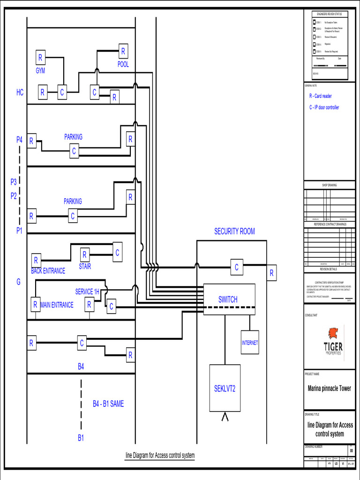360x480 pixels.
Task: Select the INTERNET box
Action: pyautogui.click(x=250, y=343)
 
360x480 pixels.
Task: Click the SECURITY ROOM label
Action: pyautogui.click(x=234, y=231)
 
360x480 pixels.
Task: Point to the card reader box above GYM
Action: pyautogui.click(x=40, y=58)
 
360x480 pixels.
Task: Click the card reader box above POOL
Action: pyautogui.click(x=123, y=51)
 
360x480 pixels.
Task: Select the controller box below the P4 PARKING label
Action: pyautogui.click(x=74, y=151)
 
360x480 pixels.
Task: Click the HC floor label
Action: pyautogui.click(x=20, y=93)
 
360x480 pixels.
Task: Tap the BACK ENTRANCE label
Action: pyautogui.click(x=48, y=271)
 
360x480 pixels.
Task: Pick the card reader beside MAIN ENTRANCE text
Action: pyautogui.click(x=35, y=304)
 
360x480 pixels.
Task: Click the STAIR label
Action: pyautogui.click(x=85, y=266)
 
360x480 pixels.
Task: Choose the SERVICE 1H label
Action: pyautogui.click(x=87, y=292)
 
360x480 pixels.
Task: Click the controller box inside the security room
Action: pyautogui.click(x=237, y=267)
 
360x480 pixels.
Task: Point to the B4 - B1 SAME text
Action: pyautogui.click(x=108, y=404)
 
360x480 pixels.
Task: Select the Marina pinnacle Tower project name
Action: pyautogui.click(x=329, y=388)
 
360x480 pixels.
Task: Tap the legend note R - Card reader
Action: pyautogui.click(x=320, y=96)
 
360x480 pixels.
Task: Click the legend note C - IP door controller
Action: pyautogui.click(x=324, y=107)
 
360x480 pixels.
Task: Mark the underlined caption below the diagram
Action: pyautogui.click(x=160, y=455)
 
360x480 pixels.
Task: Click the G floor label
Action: pyautogui.click(x=19, y=282)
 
